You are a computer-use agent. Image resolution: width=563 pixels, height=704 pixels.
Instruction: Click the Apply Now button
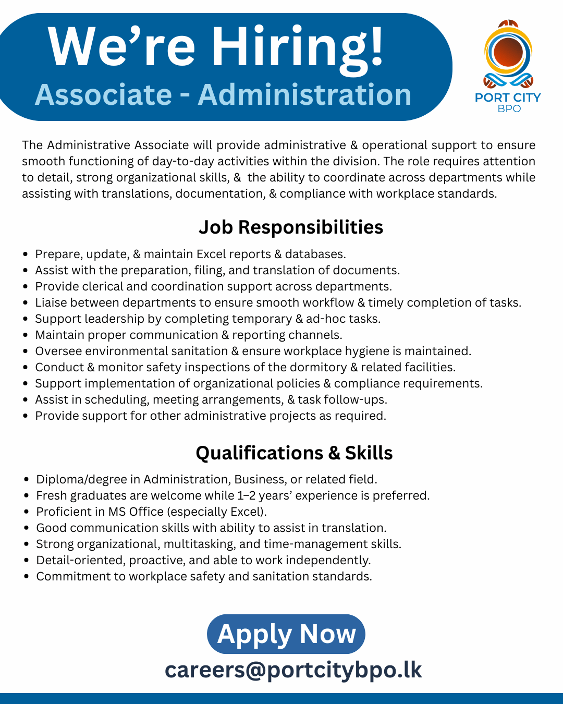click(x=286, y=634)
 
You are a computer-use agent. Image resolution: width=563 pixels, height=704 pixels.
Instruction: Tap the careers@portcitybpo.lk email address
click(x=293, y=670)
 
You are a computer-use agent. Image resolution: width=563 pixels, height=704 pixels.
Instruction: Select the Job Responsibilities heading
click(x=291, y=227)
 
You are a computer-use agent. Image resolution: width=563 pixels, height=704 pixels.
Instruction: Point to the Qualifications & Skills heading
click(x=294, y=453)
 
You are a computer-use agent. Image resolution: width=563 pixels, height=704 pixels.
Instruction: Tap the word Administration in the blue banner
click(x=304, y=95)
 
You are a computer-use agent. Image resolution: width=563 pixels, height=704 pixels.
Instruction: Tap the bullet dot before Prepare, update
click(x=26, y=254)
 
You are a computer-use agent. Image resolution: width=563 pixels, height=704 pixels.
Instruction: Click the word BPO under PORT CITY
click(x=509, y=108)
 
